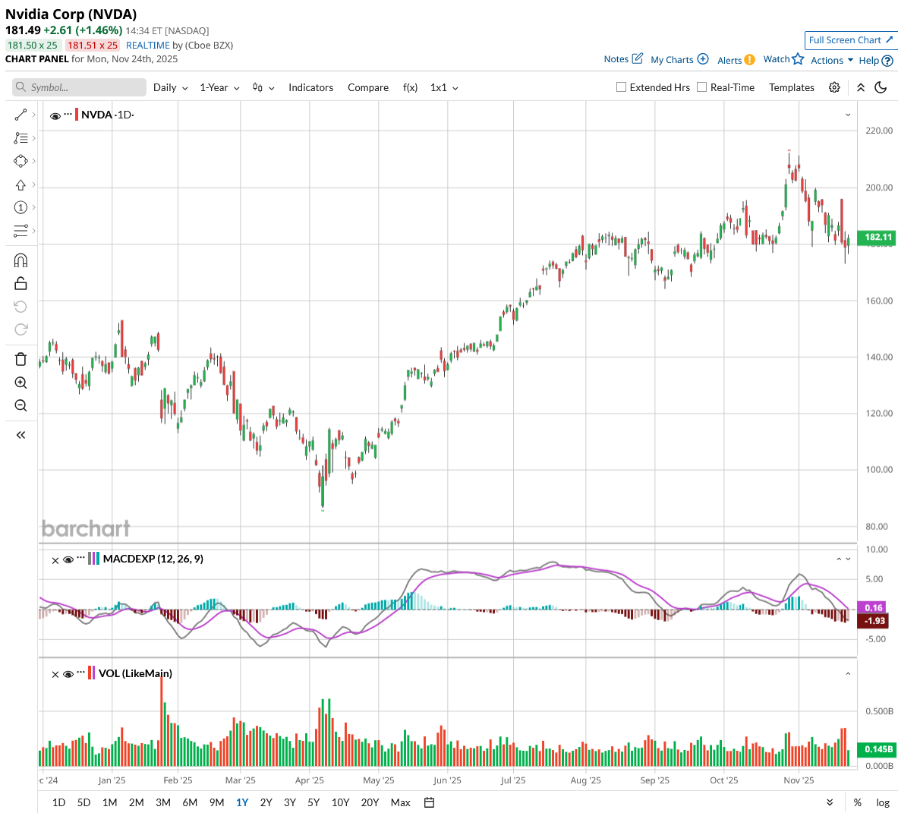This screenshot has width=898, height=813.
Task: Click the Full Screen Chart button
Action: coord(850,40)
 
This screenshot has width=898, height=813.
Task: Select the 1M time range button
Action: coord(109,802)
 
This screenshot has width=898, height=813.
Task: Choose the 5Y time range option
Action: coord(314,802)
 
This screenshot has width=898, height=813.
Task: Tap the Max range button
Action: coord(400,802)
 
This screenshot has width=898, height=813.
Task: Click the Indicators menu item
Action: coord(310,87)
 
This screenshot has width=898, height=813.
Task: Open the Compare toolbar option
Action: coord(368,87)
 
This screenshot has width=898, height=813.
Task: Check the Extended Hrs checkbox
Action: coord(622,87)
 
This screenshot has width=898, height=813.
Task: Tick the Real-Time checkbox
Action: coord(702,87)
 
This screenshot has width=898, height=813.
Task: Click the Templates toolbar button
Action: coord(791,87)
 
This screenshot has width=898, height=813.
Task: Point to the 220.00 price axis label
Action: coord(879,131)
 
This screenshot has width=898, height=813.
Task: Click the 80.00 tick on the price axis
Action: coord(877,526)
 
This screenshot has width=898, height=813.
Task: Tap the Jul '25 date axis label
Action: coord(513,780)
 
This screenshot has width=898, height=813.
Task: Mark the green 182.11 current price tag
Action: coord(878,238)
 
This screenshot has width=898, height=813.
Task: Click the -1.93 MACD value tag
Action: coord(875,621)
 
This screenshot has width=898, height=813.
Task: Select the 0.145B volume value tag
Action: coord(878,749)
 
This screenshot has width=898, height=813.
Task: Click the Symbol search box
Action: coord(80,87)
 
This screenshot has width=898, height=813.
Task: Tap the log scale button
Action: coord(883,802)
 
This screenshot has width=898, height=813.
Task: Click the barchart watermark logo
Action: coord(86,528)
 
